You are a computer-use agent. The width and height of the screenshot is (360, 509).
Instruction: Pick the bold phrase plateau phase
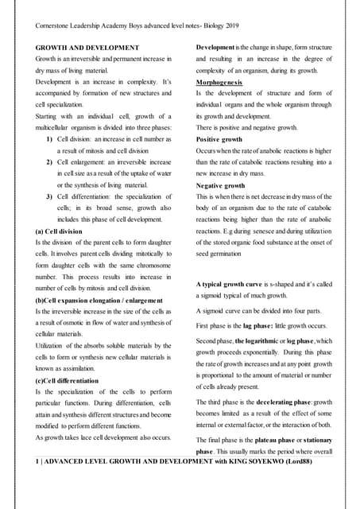point(279,438)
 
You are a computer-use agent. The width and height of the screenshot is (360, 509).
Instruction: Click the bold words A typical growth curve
point(234,283)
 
